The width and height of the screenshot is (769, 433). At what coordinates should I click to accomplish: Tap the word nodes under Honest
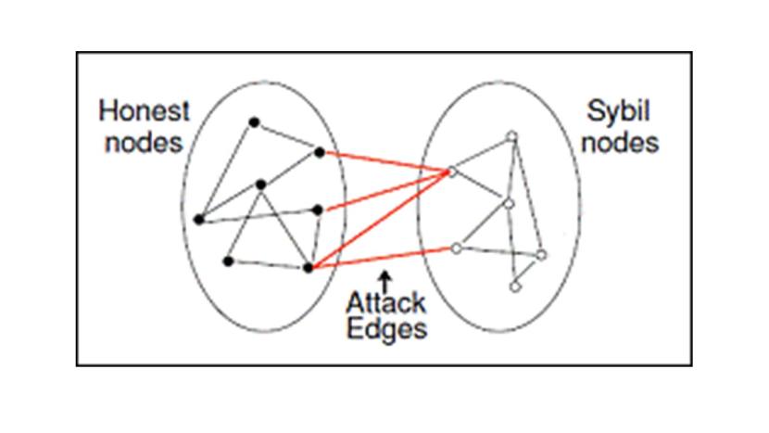tap(143, 144)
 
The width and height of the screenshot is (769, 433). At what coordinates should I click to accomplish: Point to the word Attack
tap(386, 303)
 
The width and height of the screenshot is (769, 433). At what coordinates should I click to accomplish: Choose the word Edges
tap(386, 329)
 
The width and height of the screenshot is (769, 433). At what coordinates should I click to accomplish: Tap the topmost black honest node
tap(253, 121)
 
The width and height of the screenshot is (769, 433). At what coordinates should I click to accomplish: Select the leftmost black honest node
tap(198, 220)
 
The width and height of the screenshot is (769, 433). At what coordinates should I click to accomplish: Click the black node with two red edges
tap(309, 268)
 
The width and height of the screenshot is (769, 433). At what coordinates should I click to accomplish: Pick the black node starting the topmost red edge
tap(320, 151)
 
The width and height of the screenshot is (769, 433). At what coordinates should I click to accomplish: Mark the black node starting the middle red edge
tap(318, 210)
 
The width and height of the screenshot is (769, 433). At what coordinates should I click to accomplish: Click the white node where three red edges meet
tap(451, 171)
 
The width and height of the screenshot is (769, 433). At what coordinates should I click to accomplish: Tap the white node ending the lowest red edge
tap(455, 248)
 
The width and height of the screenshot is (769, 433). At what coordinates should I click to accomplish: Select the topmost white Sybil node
tap(511, 136)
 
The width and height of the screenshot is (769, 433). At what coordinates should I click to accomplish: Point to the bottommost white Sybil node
tap(515, 287)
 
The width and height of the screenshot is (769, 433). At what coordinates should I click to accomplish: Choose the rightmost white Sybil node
tap(541, 254)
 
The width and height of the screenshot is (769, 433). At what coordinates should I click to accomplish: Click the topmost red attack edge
tap(384, 160)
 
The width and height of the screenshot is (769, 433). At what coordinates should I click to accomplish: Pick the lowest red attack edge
tap(382, 257)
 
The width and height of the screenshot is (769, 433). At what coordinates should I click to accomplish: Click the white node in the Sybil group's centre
tap(508, 203)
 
